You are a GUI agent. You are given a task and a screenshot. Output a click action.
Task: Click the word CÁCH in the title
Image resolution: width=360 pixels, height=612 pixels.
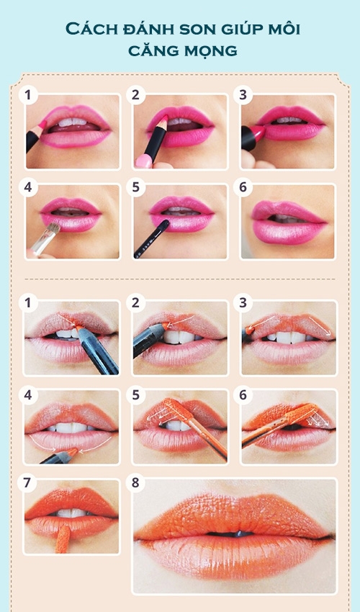click(89, 29)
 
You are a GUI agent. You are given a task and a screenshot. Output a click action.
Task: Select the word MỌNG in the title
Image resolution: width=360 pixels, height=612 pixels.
click(210, 50)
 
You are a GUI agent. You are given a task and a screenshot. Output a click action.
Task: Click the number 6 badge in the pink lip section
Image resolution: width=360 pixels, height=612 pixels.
click(243, 187)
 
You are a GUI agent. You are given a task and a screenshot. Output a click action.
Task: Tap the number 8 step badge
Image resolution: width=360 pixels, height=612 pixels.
click(135, 483)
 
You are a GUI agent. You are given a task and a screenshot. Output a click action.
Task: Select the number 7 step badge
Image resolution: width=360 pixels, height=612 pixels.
click(27, 483)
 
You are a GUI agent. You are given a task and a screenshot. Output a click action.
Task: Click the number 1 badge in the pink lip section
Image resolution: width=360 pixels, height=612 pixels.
click(28, 95)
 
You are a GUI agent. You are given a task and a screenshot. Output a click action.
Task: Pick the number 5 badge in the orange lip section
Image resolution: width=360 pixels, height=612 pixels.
click(135, 395)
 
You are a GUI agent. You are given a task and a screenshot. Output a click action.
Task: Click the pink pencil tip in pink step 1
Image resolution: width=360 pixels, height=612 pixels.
click(42, 125)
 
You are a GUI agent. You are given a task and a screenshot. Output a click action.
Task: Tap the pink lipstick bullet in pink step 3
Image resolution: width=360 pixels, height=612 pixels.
click(259, 132)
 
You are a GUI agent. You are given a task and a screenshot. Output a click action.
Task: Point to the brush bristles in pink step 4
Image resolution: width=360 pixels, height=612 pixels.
click(53, 229)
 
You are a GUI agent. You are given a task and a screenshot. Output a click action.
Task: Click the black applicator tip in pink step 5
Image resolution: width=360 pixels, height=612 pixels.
click(164, 224)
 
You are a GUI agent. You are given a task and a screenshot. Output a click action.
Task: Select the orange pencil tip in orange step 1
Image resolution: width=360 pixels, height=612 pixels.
click(79, 325)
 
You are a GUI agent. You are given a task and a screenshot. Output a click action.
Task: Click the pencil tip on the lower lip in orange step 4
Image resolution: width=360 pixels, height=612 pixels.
click(72, 452)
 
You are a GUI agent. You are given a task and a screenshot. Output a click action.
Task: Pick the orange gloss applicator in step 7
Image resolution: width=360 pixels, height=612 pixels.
click(63, 539)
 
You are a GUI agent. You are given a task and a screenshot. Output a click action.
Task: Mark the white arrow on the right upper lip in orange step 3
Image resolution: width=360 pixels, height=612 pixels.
click(321, 326)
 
